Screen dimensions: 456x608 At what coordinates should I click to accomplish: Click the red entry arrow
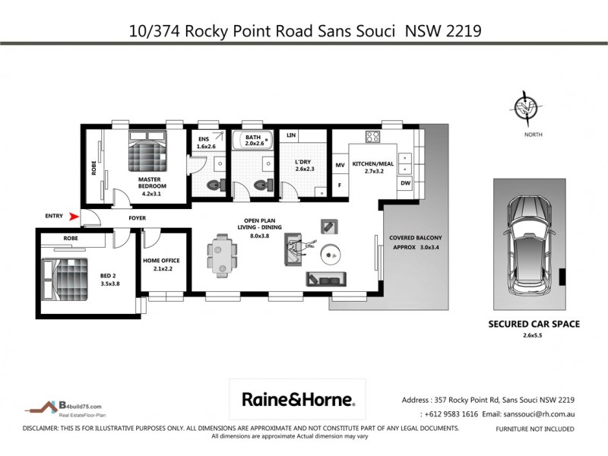74,217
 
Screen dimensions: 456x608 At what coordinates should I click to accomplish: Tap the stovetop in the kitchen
372,138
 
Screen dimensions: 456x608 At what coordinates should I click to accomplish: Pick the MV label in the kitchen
340,163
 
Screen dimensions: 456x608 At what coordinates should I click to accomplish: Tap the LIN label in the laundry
290,135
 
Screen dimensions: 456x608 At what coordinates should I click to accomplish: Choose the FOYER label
137,218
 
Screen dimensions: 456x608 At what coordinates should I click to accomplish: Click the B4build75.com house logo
50,408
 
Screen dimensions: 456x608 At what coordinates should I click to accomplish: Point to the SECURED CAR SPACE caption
534,324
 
